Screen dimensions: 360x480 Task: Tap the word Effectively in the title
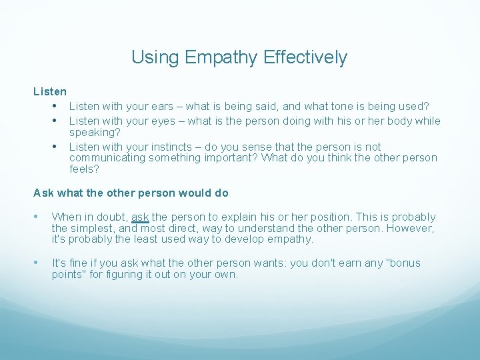[305, 57]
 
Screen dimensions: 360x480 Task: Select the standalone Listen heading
[50, 92]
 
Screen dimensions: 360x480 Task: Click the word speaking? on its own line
[94, 133]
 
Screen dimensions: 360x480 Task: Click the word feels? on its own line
[84, 169]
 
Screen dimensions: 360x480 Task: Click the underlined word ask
[140, 217]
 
